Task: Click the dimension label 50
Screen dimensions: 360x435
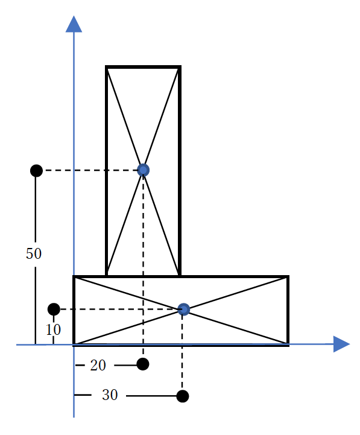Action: tap(34, 253)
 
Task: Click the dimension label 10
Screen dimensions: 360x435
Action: tap(53, 329)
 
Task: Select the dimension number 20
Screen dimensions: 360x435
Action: tap(98, 366)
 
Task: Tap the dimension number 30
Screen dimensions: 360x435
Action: tap(110, 395)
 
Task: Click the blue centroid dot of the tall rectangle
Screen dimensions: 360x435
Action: tap(143, 170)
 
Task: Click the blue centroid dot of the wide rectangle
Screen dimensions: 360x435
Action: tap(183, 309)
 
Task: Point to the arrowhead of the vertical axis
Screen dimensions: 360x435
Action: tap(74, 24)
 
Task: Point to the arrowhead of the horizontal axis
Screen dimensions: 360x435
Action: tap(342, 344)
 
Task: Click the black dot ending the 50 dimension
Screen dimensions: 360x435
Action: tap(36, 170)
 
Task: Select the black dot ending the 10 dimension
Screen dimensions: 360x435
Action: tap(54, 310)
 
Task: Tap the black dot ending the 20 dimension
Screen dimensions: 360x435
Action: tap(143, 364)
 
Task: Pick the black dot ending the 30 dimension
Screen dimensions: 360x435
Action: tap(183, 396)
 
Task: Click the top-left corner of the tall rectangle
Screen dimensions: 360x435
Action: tap(106, 67)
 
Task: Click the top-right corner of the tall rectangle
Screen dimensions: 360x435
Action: tap(180, 67)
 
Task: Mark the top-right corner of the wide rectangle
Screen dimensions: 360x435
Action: tap(288, 276)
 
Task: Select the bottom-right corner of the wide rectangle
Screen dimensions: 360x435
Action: tap(288, 345)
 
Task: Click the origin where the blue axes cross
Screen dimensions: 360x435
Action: tap(74, 345)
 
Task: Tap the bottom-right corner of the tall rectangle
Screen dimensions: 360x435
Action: tap(180, 276)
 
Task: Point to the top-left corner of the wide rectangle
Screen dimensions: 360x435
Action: tap(74, 276)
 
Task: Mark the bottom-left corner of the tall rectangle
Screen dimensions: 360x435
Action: tap(106, 276)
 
